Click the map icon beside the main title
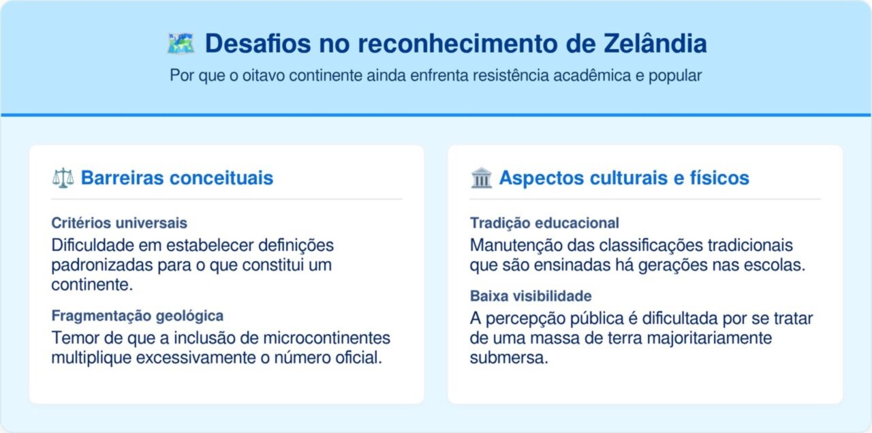181,44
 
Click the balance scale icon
63,179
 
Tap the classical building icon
481,179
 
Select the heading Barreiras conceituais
177,179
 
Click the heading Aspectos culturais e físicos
624,179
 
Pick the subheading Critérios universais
119,223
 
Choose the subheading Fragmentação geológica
138,316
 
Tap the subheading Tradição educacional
544,223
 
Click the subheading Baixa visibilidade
531,297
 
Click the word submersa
508,359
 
